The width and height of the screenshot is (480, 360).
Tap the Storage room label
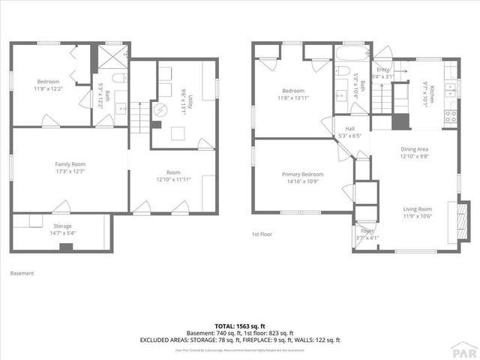coord(62,225)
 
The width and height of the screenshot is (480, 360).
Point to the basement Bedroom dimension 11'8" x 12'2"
coord(48,88)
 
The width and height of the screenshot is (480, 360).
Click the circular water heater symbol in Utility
coord(160,109)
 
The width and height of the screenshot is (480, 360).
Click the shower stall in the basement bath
coord(115,57)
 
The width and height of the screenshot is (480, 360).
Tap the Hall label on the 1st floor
coord(349,128)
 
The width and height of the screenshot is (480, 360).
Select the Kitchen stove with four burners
coord(451,116)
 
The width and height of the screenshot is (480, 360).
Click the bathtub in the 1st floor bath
coord(350,55)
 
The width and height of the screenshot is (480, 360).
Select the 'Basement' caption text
coord(22,273)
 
